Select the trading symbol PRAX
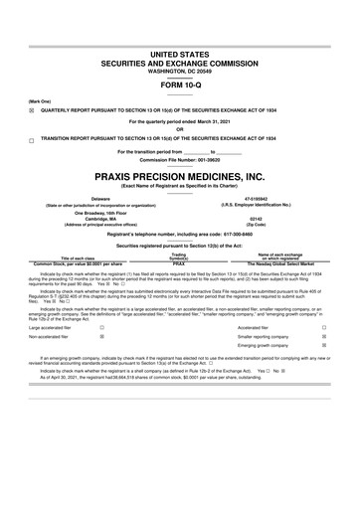179,262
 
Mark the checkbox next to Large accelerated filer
101,327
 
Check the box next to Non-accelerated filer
101,337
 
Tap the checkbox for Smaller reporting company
324,337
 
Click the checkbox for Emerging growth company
324,347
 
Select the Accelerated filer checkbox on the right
324,327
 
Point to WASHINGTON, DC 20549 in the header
179,62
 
